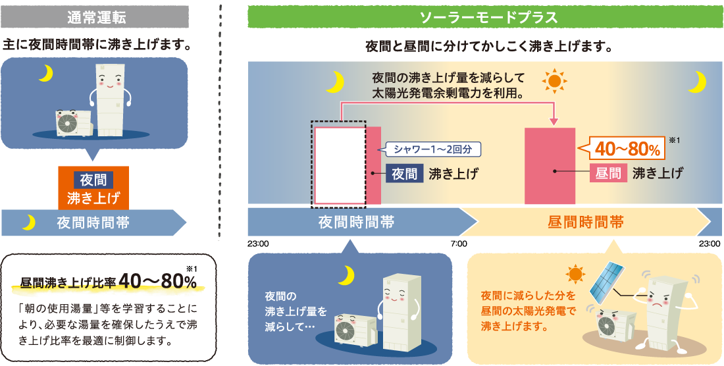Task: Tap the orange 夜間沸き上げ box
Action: [93, 188]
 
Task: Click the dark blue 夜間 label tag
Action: [405, 174]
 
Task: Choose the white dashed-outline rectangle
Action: [340, 165]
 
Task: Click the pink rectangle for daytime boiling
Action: [550, 167]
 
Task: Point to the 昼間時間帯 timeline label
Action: [586, 222]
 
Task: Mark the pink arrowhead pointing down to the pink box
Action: [553, 121]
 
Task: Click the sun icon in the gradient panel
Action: [554, 80]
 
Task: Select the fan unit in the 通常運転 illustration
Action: [68, 123]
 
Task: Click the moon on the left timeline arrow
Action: [28, 223]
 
